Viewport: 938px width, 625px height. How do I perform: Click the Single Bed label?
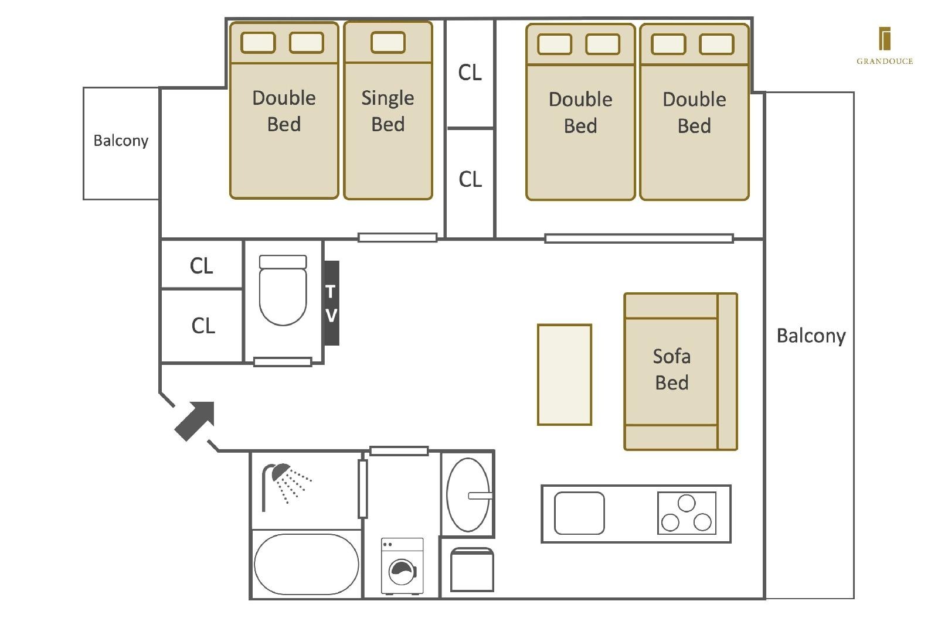pyautogui.click(x=388, y=111)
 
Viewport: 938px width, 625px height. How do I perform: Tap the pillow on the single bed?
pyautogui.click(x=388, y=42)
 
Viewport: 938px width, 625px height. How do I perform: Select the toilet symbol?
pyautogui.click(x=283, y=290)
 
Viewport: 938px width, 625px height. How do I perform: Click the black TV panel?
pyautogui.click(x=332, y=303)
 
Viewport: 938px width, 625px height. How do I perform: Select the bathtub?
pyautogui.click(x=306, y=564)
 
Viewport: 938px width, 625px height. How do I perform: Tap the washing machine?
pyautogui.click(x=402, y=566)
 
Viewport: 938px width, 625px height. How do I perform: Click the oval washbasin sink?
pyautogui.click(x=468, y=494)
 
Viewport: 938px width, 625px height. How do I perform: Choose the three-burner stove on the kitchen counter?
pyautogui.click(x=686, y=513)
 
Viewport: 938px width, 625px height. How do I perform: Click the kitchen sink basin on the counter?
pyautogui.click(x=579, y=513)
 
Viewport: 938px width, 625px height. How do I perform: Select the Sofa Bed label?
pyautogui.click(x=672, y=370)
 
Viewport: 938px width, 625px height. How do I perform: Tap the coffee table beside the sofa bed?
pyautogui.click(x=565, y=375)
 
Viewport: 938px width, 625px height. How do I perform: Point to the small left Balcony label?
pyautogui.click(x=121, y=141)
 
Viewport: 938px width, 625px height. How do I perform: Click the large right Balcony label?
pyautogui.click(x=811, y=336)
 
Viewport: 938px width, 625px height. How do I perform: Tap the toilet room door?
pyautogui.click(x=283, y=362)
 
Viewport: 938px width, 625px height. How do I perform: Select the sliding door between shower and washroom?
pyautogui.click(x=363, y=489)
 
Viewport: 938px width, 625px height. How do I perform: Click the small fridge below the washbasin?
pyautogui.click(x=472, y=570)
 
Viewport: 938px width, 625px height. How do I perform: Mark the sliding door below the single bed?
pyautogui.click(x=397, y=238)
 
